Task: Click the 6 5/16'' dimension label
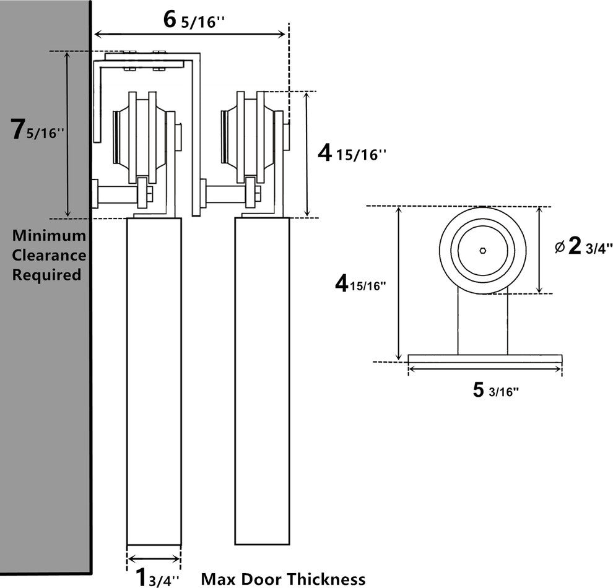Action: [193, 20]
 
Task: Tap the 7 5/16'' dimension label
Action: [38, 131]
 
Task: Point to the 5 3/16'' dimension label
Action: [496, 390]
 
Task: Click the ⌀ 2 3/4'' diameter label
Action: [583, 247]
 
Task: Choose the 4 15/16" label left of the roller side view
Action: [360, 284]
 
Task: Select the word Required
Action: [47, 275]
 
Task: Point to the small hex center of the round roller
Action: [482, 251]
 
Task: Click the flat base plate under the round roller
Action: [485, 358]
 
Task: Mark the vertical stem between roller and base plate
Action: [483, 322]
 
